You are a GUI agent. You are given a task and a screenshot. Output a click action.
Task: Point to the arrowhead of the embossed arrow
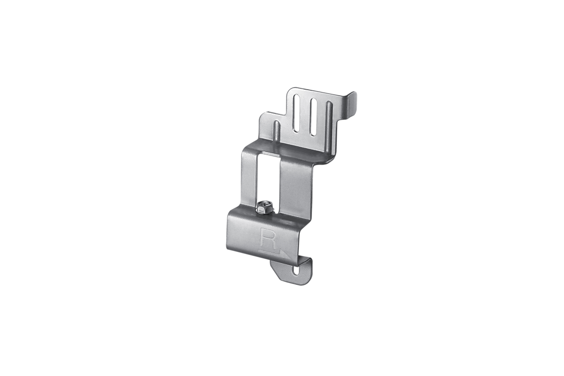[x=287, y=254]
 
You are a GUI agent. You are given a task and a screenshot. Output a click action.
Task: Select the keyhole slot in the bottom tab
[x=296, y=270]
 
